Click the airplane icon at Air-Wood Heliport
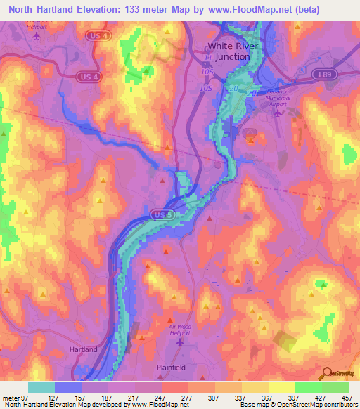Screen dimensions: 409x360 (181, 342)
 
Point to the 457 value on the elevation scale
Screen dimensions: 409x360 (348, 396)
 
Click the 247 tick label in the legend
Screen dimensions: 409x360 (162, 396)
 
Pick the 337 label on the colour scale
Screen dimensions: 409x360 (242, 396)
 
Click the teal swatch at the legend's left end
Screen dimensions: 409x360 (41, 387)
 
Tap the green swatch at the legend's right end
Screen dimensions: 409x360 (335, 387)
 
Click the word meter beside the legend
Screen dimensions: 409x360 (11, 396)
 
